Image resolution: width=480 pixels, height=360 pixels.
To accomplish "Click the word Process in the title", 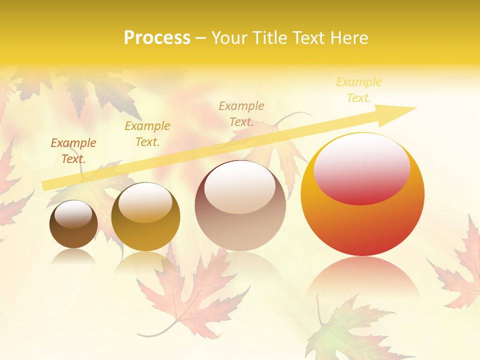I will tap(157, 38).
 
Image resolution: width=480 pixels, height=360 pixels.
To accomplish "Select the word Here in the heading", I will tap(350, 38).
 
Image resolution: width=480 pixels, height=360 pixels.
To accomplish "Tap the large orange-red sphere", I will tap(362, 225).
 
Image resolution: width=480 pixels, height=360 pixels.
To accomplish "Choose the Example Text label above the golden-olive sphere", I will tap(147, 134).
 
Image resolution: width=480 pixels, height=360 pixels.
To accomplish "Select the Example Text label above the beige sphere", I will tap(241, 113).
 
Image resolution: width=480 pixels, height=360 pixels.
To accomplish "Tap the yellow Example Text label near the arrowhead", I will tap(359, 90).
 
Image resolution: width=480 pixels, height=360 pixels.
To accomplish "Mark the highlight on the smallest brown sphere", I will tap(73, 214).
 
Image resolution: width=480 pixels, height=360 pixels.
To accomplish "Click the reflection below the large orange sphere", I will tap(362, 275).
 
